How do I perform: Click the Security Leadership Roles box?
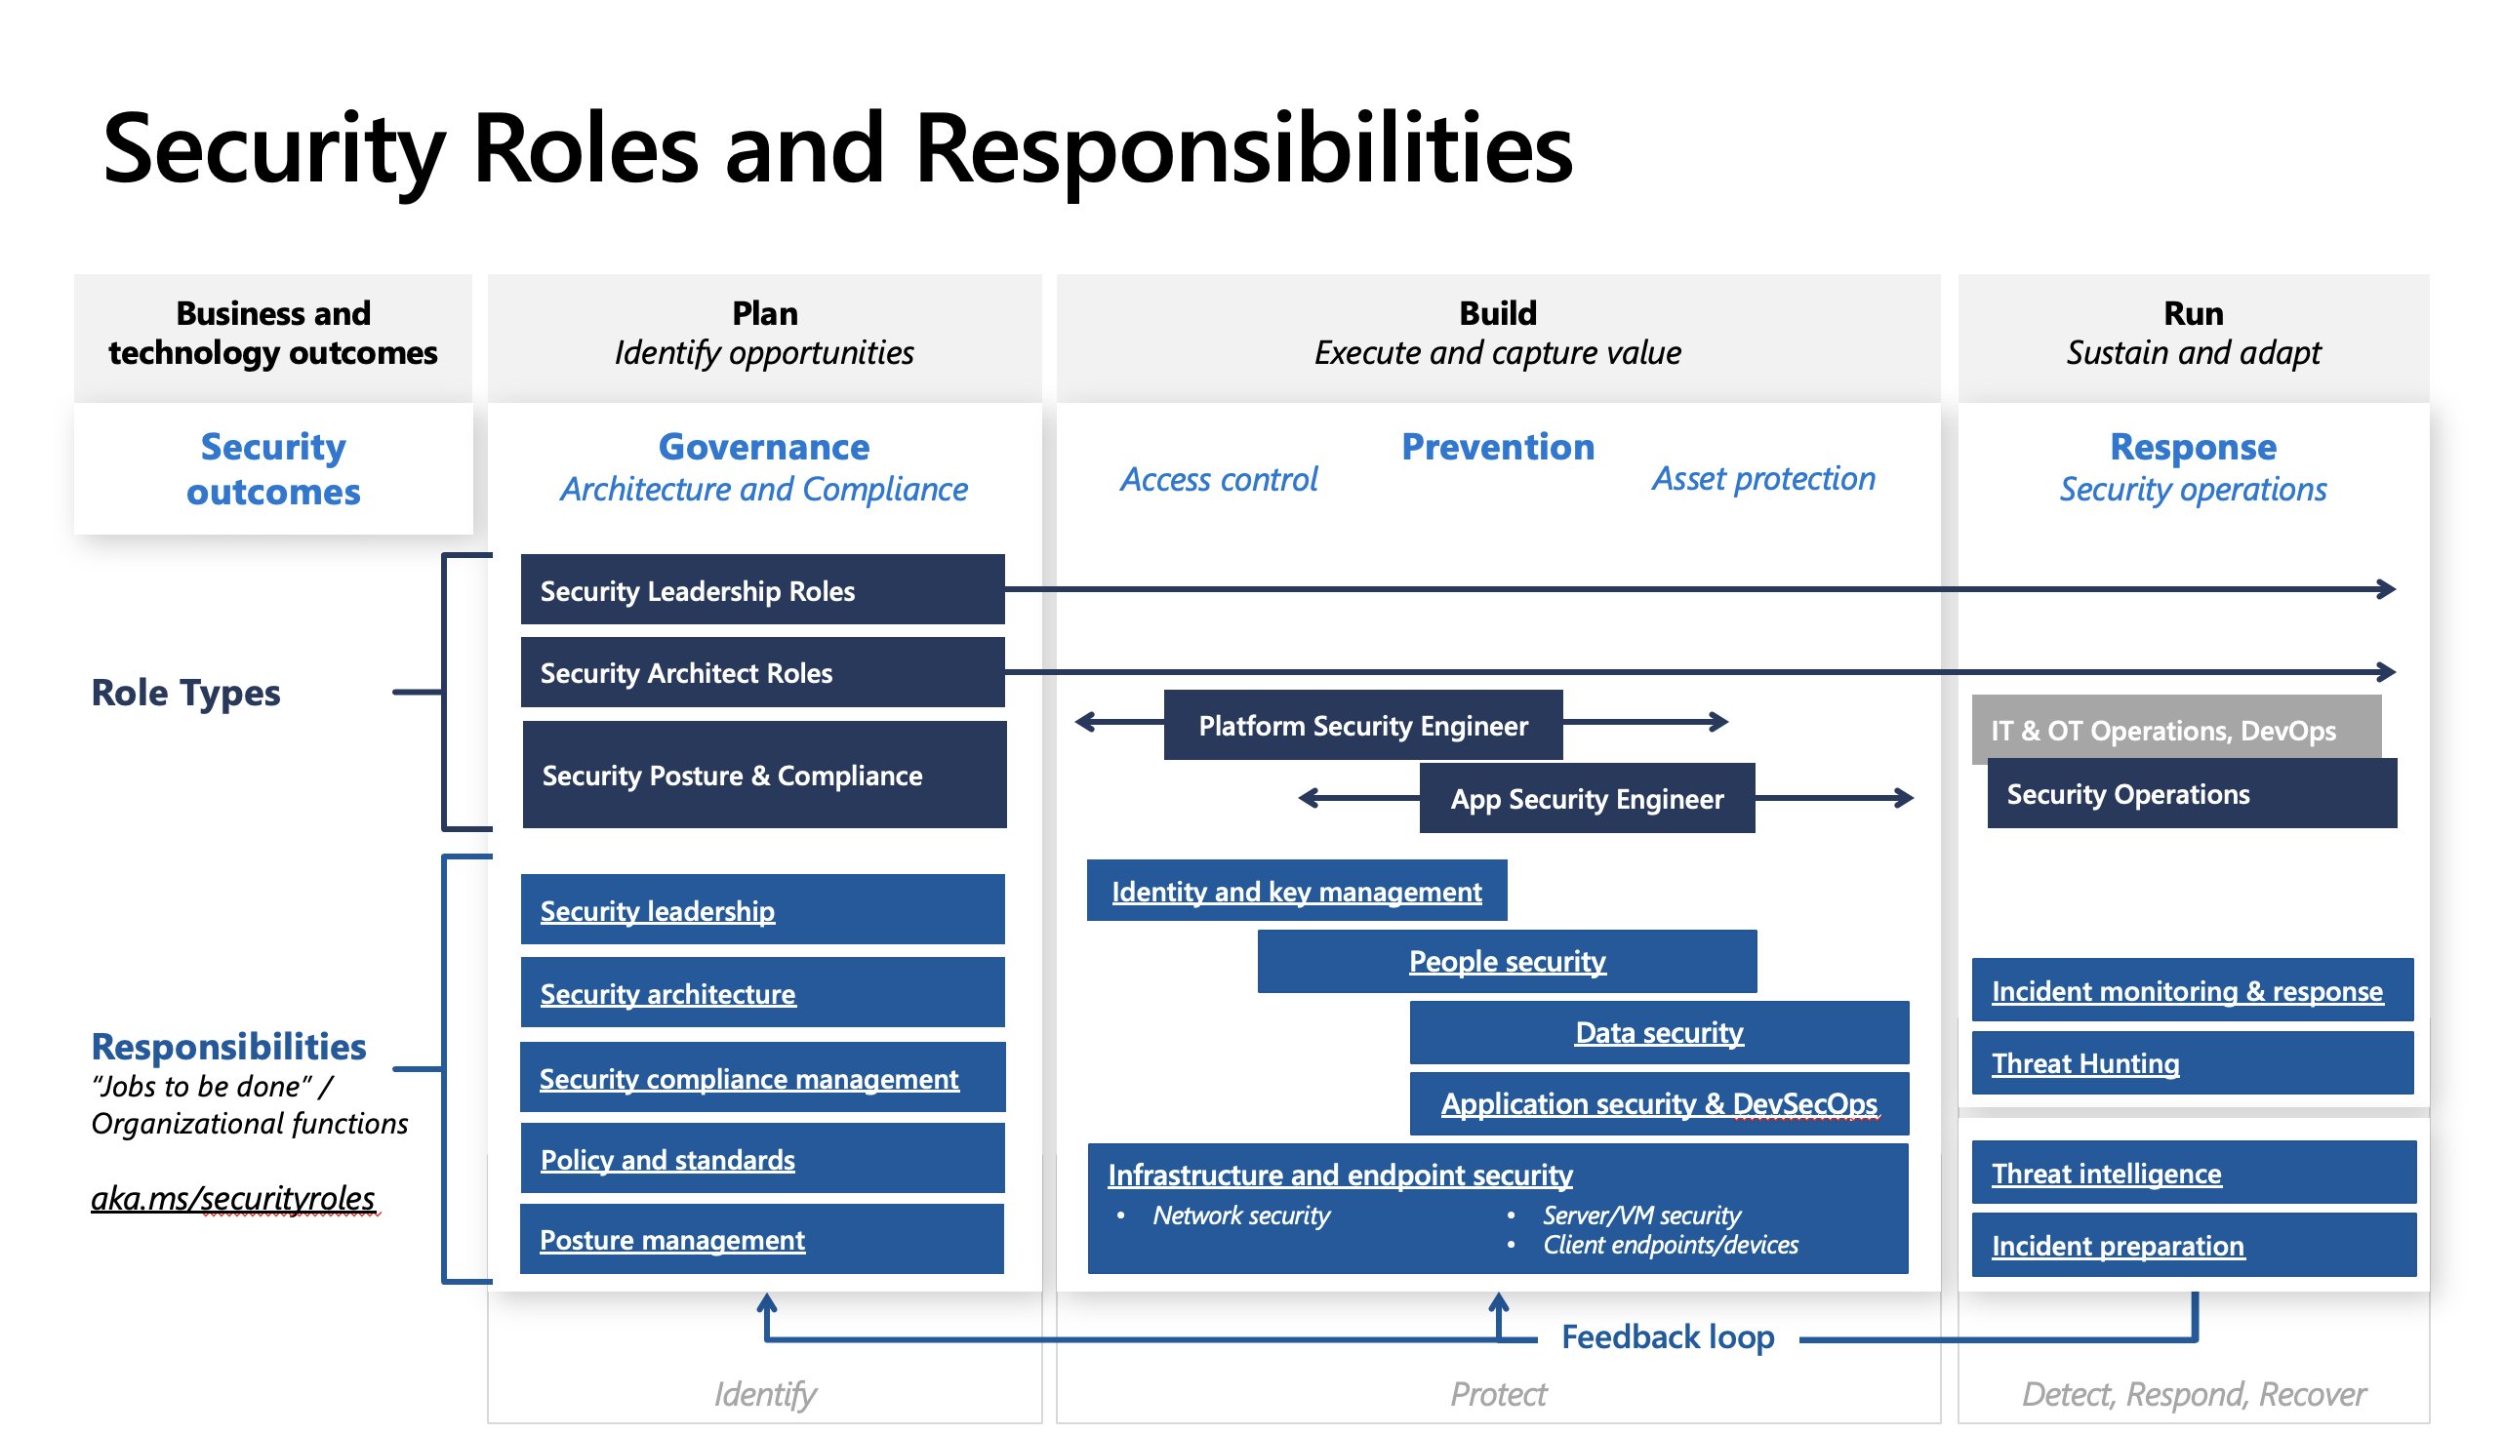763,591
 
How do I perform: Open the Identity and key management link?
1297,893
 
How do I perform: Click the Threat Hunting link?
2086,1064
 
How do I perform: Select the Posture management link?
672,1241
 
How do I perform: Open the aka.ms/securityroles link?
233,1199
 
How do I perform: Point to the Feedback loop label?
1669,1337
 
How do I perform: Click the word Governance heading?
764,447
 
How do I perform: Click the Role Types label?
186,694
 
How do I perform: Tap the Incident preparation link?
2119,1247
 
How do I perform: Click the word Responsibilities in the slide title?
1244,149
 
